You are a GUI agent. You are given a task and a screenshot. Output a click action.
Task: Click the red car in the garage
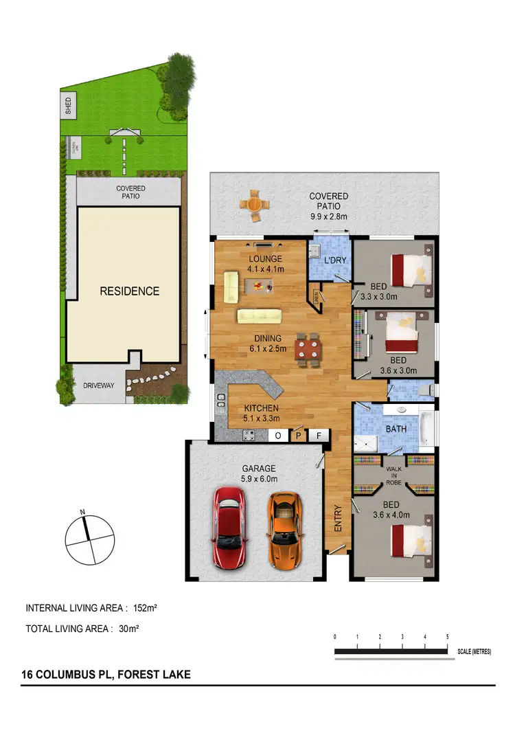[229, 527]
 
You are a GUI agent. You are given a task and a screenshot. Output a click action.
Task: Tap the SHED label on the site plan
[68, 105]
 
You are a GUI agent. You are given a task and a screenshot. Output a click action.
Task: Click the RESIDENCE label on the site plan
[130, 291]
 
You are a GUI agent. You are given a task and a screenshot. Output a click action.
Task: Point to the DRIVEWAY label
[99, 385]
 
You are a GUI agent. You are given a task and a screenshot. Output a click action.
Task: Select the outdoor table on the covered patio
[255, 205]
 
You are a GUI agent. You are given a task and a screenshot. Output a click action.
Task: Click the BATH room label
[396, 429]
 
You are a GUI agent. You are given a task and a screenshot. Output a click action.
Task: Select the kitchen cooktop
[249, 435]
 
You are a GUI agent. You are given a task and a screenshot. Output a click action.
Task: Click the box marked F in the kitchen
[319, 435]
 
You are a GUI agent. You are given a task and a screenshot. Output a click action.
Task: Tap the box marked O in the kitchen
[278, 435]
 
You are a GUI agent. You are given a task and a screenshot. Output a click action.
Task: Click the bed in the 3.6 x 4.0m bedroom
[409, 541]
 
